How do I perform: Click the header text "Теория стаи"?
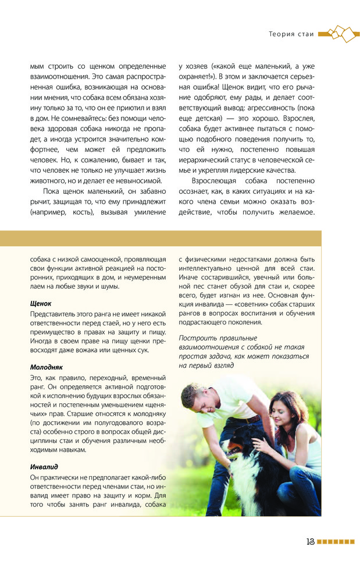[x=291, y=34]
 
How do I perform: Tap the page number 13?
[x=311, y=541]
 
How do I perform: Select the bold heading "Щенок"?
[x=41, y=303]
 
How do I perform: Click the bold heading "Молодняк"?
[x=46, y=367]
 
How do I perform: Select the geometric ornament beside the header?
[x=337, y=33]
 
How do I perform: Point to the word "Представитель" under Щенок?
[x=54, y=314]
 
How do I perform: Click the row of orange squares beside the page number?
[x=336, y=541]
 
